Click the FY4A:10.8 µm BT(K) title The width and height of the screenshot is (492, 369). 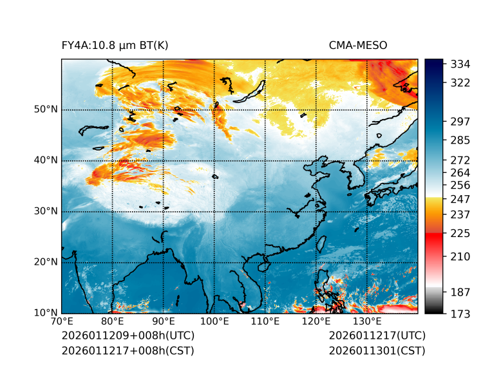click(115, 45)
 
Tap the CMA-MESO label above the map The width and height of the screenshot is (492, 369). click(357, 45)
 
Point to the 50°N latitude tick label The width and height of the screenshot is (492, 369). click(45, 109)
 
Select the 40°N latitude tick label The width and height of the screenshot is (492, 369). click(45, 160)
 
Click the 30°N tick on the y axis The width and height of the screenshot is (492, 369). click(45, 211)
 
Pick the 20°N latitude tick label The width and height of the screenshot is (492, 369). click(45, 262)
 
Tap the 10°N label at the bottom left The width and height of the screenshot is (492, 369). click(45, 313)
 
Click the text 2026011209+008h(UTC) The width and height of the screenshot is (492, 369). click(128, 336)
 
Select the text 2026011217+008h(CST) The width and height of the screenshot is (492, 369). click(128, 350)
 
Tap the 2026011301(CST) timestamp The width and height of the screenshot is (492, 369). click(377, 350)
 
